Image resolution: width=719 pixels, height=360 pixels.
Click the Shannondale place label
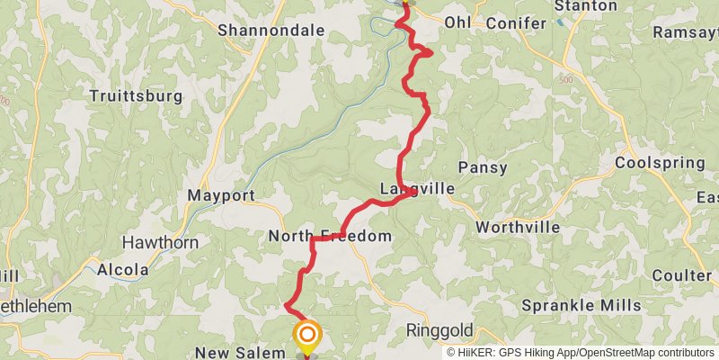pos(271,31)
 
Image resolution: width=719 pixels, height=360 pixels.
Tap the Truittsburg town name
pos(137,95)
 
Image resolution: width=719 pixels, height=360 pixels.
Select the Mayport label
pos(221,194)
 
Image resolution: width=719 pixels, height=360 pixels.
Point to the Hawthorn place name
pos(159,241)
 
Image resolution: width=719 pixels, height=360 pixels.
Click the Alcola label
pos(123,269)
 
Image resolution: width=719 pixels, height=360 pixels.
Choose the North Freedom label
pos(330,236)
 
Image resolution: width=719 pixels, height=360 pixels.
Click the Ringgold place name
pos(439,328)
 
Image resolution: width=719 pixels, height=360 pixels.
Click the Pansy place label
pos(483,167)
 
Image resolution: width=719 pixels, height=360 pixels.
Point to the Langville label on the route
pos(417,189)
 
